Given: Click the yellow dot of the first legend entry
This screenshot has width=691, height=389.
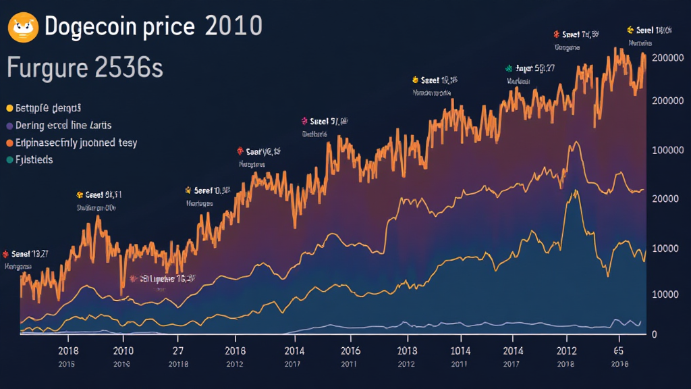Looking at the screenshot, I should (9, 108).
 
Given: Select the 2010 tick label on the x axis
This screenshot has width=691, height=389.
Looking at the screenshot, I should (123, 351).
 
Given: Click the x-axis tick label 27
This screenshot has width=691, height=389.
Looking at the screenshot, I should (178, 351).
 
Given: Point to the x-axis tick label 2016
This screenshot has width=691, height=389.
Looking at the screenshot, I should (350, 351).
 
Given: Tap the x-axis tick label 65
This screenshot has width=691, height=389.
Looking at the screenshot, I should (617, 351).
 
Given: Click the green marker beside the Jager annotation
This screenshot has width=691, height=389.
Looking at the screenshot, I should (509, 68).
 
